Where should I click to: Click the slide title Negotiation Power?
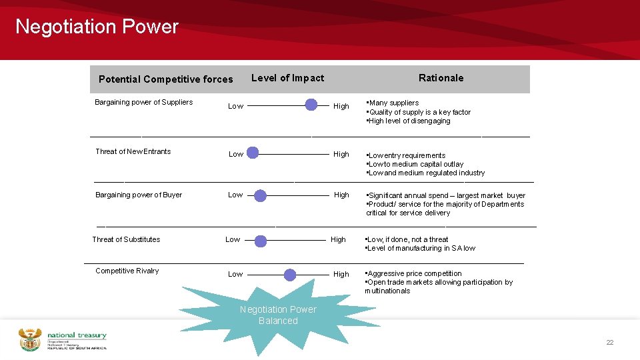coord(97,27)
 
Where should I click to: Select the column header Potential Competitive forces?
coord(166,79)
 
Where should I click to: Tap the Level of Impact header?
coord(287,78)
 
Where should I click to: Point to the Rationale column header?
coord(441,78)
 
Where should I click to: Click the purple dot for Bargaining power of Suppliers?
coord(311,105)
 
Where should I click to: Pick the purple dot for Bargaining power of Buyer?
coord(260,195)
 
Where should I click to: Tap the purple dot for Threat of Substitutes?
coord(261,240)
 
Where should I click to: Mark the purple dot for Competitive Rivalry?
coord(290,274)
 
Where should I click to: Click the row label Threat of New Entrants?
coord(133,151)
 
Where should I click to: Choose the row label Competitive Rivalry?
coord(127,271)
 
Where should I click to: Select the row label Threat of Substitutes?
coord(126,239)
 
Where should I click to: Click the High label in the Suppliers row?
coord(341,106)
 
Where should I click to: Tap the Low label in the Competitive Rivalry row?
coord(235,274)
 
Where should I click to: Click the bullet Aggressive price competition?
coord(414,273)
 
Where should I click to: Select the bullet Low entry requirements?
coord(407,155)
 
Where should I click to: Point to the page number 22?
coord(609,342)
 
